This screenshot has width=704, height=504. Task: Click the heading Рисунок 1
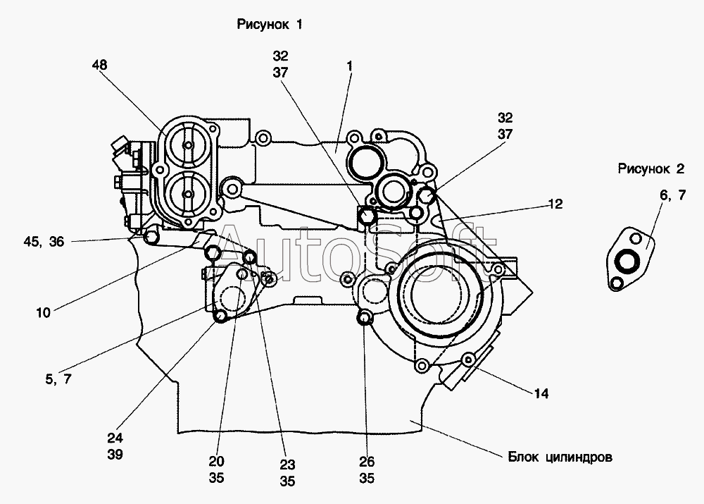pos(269,25)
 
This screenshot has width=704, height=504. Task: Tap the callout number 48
pos(99,65)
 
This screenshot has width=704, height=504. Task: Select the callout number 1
pos(348,65)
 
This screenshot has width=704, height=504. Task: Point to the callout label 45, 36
pos(44,241)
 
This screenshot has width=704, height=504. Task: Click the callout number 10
pos(43,312)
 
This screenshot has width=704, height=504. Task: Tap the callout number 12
pos(556,204)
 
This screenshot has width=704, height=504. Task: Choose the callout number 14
pos(541,393)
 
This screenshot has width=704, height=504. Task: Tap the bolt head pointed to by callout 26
pos(364,319)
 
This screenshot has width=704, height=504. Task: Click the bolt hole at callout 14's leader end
pos(465,360)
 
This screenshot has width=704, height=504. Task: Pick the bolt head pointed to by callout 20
pos(220,317)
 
